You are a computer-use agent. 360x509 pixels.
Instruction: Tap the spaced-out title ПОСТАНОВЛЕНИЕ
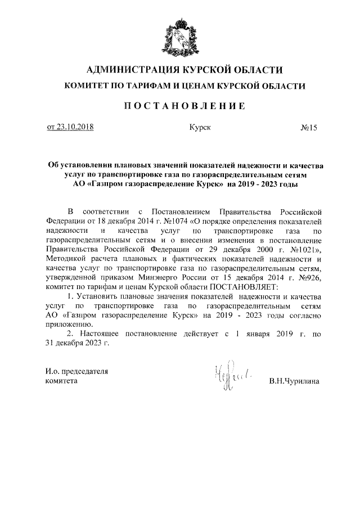[181, 106]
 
